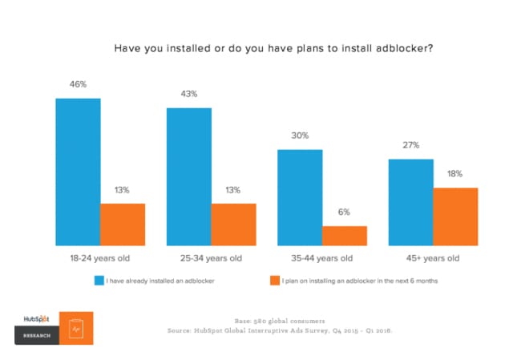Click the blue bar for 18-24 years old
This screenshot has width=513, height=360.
78,172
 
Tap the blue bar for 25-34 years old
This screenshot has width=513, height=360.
189,176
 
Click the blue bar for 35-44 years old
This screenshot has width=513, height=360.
300,197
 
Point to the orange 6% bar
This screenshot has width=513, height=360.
345,236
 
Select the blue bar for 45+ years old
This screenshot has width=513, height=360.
410,202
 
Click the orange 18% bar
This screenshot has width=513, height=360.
455,216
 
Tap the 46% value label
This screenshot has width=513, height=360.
78,83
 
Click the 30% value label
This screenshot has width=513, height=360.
300,135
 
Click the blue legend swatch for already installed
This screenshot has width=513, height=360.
99,281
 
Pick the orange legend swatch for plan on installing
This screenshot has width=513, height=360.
273,281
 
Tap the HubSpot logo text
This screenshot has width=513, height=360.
34,318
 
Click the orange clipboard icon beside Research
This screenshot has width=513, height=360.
76,328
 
